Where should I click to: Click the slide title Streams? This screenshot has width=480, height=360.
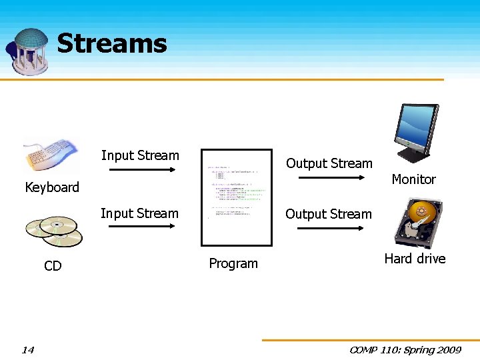point(111,44)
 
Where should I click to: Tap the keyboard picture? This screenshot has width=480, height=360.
point(50,155)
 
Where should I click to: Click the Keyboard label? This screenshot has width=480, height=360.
point(52,187)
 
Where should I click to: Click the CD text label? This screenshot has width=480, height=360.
point(53,267)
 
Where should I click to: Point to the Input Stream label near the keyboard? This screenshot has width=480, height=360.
point(140,156)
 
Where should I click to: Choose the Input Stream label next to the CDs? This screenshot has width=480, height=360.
point(139,214)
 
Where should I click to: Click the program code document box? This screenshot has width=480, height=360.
point(236,197)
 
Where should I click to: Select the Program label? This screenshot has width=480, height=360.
point(233,263)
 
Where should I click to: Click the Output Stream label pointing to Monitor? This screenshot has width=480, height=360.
point(329,164)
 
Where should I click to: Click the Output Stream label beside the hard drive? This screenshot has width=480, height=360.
point(328,215)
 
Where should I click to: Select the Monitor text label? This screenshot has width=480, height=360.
point(413,179)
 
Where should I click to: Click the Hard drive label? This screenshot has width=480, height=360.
point(415,259)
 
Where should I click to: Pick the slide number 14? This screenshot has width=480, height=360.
point(28,349)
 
